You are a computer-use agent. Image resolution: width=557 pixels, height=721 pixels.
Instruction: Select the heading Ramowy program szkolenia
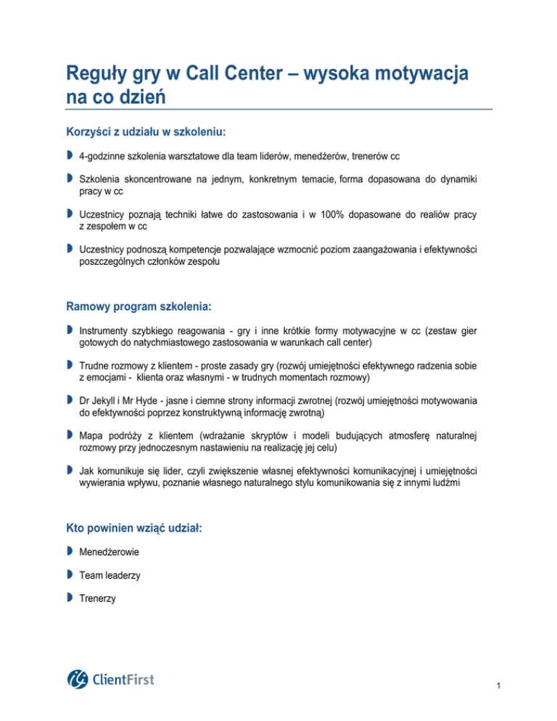tap(139, 307)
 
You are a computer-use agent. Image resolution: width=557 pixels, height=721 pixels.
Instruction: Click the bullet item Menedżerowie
tap(110, 553)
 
